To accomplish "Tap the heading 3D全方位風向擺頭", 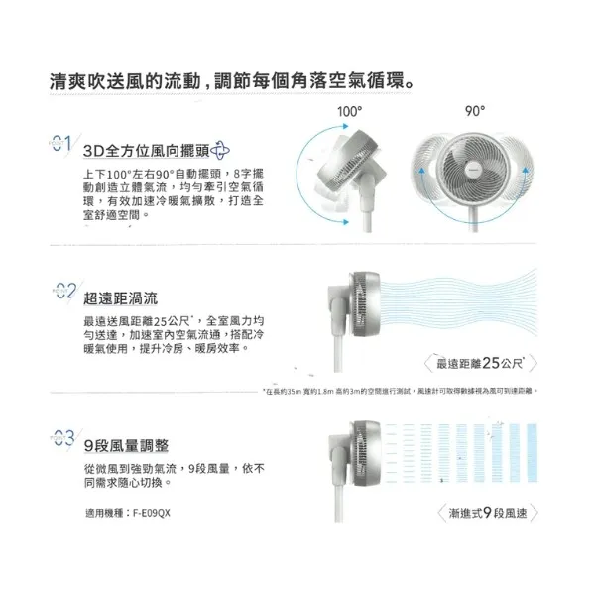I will (144, 152).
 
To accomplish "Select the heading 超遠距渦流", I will (120, 297).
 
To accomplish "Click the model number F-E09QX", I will (150, 514).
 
